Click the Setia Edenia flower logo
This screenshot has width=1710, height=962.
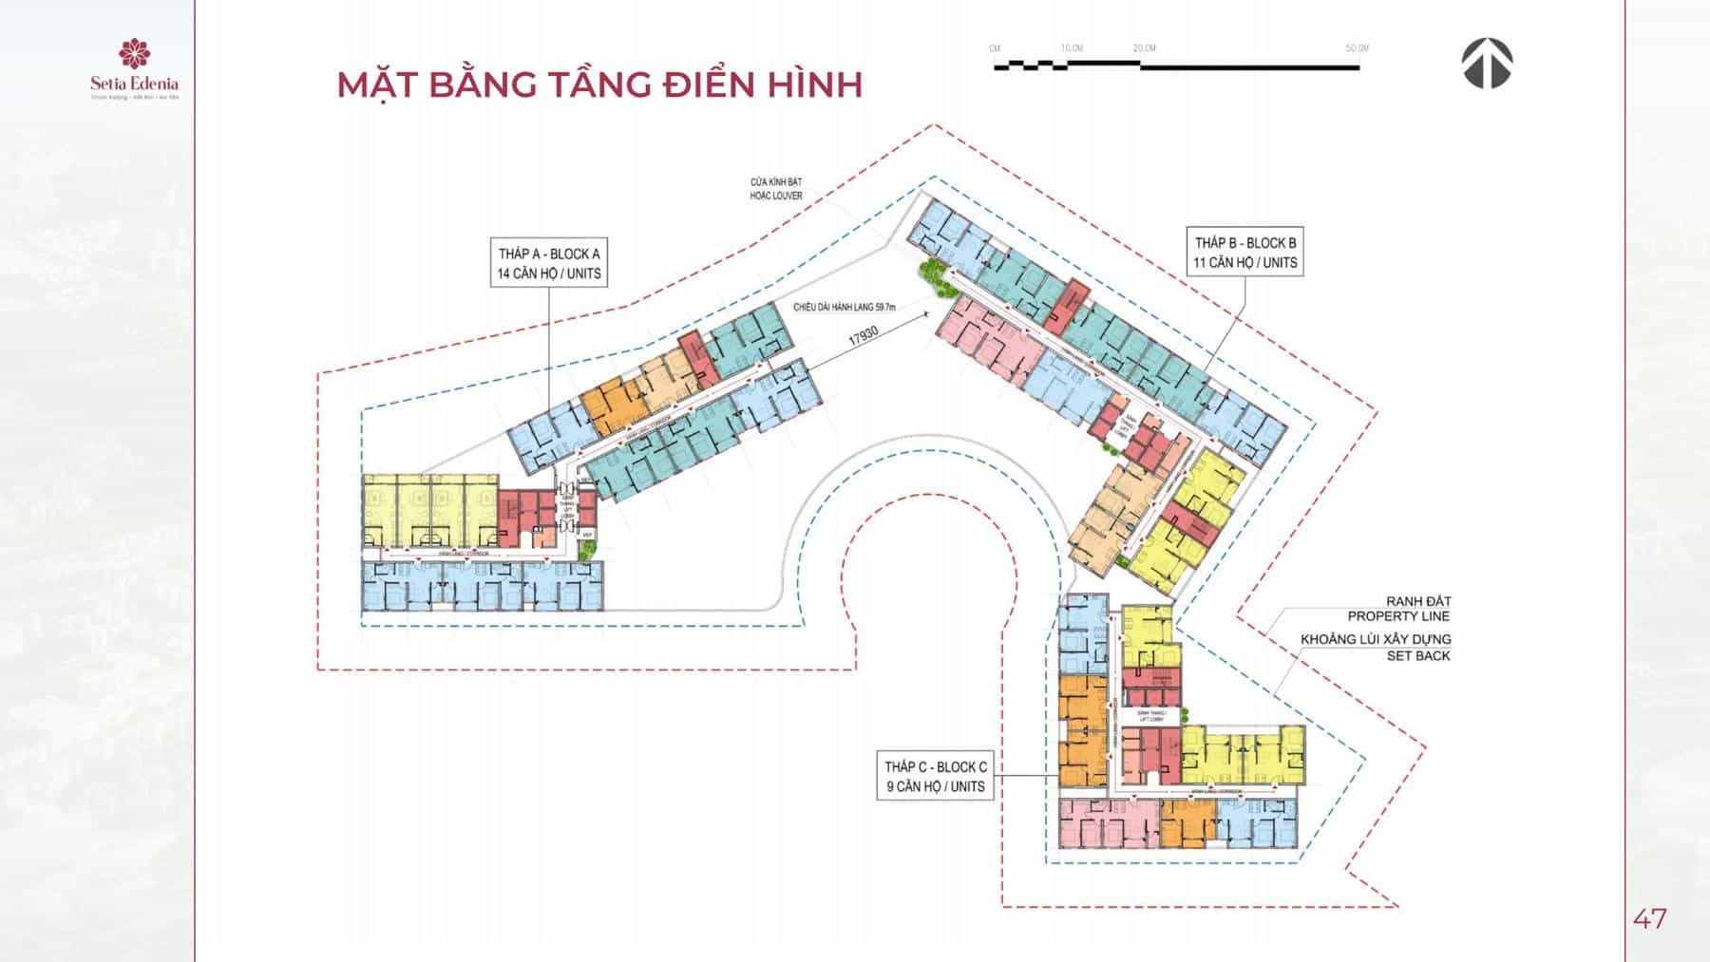click(134, 54)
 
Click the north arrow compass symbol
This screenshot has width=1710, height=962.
click(1487, 64)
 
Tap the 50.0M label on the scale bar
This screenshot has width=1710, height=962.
click(1357, 48)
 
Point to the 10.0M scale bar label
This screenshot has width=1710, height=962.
click(1072, 48)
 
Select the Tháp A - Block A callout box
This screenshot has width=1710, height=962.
click(549, 263)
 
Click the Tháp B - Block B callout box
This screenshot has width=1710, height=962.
click(1244, 253)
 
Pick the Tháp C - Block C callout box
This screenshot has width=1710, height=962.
click(935, 777)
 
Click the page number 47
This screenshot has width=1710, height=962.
click(1649, 918)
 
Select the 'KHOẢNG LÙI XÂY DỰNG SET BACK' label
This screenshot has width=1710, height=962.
click(1376, 647)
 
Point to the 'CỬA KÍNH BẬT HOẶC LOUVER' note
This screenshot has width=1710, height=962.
click(776, 189)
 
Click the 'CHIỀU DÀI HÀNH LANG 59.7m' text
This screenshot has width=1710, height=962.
click(845, 308)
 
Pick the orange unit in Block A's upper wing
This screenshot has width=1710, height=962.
click(614, 406)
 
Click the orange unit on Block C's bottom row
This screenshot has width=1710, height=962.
click(1187, 821)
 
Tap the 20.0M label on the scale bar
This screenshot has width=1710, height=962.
click(1144, 48)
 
